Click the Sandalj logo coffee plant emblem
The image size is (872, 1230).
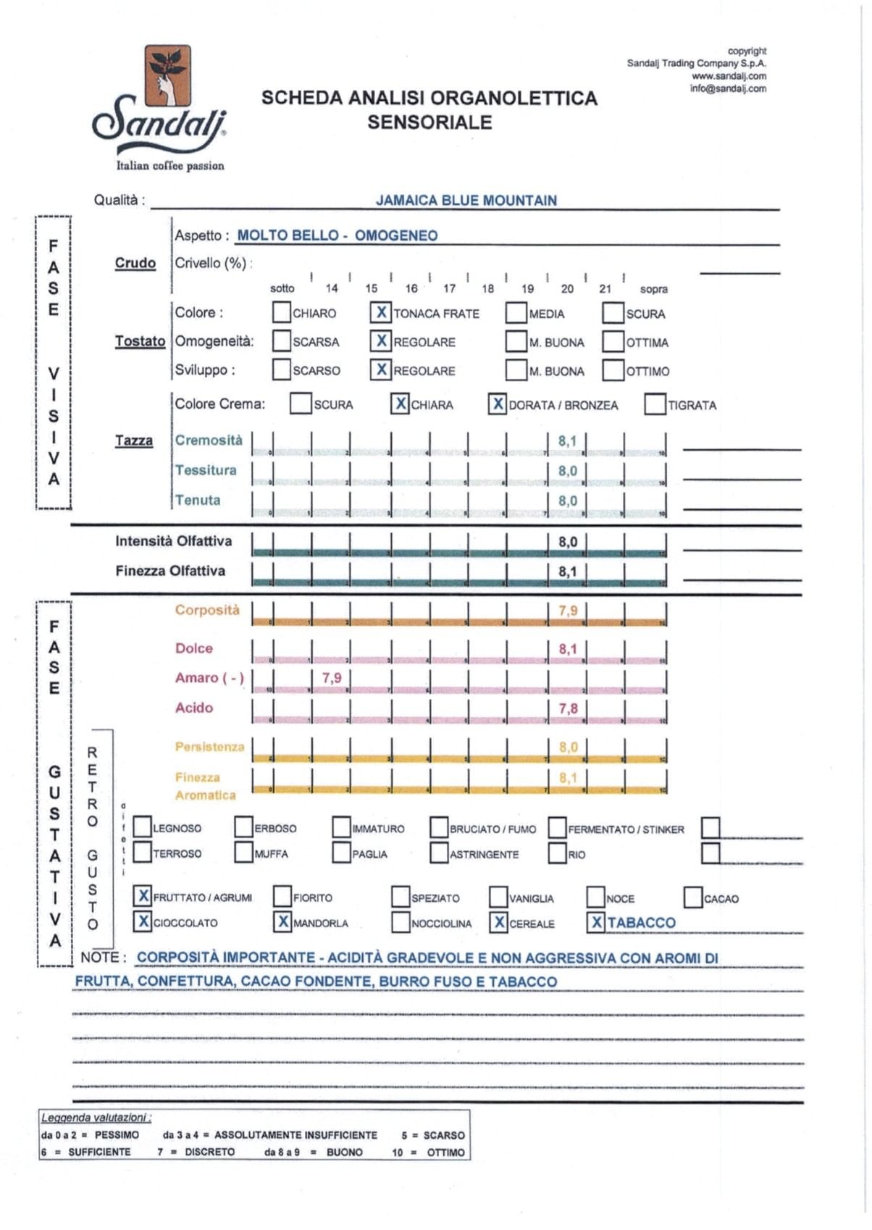pyautogui.click(x=167, y=75)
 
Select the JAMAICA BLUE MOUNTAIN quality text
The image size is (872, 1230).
pyautogui.click(x=466, y=201)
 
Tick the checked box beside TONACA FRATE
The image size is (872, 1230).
pyautogui.click(x=381, y=312)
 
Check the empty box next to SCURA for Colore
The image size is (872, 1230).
pyautogui.click(x=613, y=313)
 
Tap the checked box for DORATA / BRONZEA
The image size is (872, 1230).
pyautogui.click(x=498, y=404)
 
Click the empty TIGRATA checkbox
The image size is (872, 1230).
pyautogui.click(x=655, y=404)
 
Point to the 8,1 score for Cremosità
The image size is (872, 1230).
pyautogui.click(x=567, y=441)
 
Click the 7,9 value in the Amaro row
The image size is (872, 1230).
pyautogui.click(x=332, y=678)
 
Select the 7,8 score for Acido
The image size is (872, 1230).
pyautogui.click(x=568, y=708)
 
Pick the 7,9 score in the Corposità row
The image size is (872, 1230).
pyautogui.click(x=568, y=611)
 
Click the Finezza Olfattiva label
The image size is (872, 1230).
pyautogui.click(x=170, y=571)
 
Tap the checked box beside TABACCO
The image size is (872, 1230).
pyautogui.click(x=596, y=922)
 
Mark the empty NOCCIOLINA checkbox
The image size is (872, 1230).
pyautogui.click(x=401, y=922)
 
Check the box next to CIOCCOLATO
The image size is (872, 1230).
pyautogui.click(x=143, y=921)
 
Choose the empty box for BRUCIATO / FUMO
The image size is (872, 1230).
pyautogui.click(x=439, y=827)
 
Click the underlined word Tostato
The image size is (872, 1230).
pyautogui.click(x=140, y=341)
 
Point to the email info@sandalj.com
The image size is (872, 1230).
pyautogui.click(x=727, y=89)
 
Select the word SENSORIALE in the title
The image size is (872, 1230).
pyautogui.click(x=429, y=122)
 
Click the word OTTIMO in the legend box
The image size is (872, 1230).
pyautogui.click(x=445, y=1152)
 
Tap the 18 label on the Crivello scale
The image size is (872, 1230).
pyautogui.click(x=488, y=288)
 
